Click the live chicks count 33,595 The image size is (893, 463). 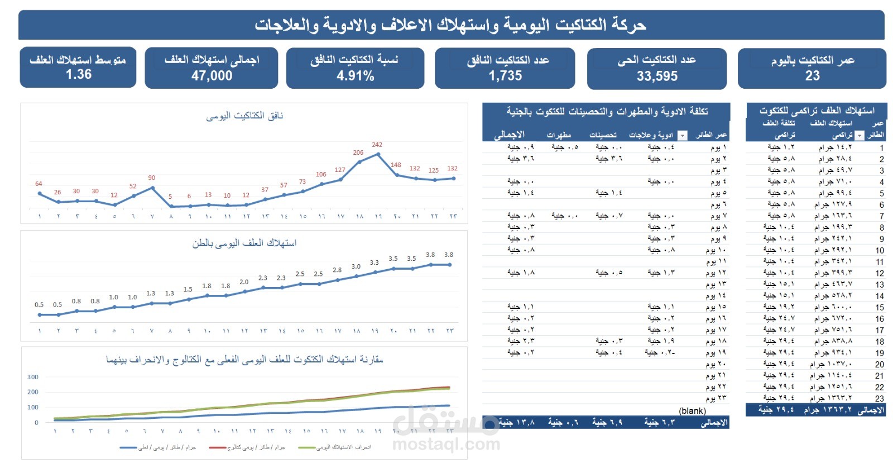657,77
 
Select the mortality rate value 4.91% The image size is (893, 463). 356,76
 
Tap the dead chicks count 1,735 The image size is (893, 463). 505,76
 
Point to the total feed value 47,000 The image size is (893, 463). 212,76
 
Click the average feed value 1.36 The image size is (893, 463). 78,74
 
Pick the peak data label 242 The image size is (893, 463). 377,145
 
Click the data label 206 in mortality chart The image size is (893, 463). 358,152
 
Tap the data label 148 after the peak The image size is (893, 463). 396,165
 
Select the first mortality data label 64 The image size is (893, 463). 39,184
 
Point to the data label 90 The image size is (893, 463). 152,178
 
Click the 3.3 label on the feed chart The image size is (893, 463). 374,262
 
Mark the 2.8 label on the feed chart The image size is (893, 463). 337,270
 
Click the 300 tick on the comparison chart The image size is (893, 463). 33,377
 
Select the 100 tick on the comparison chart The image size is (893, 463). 33,407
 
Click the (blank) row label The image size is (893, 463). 692,411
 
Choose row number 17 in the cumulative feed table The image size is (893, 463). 880,330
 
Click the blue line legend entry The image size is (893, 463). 157,447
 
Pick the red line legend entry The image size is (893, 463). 247,447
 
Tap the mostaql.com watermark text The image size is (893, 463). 446,445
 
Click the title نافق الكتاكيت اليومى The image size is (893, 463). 244,116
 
